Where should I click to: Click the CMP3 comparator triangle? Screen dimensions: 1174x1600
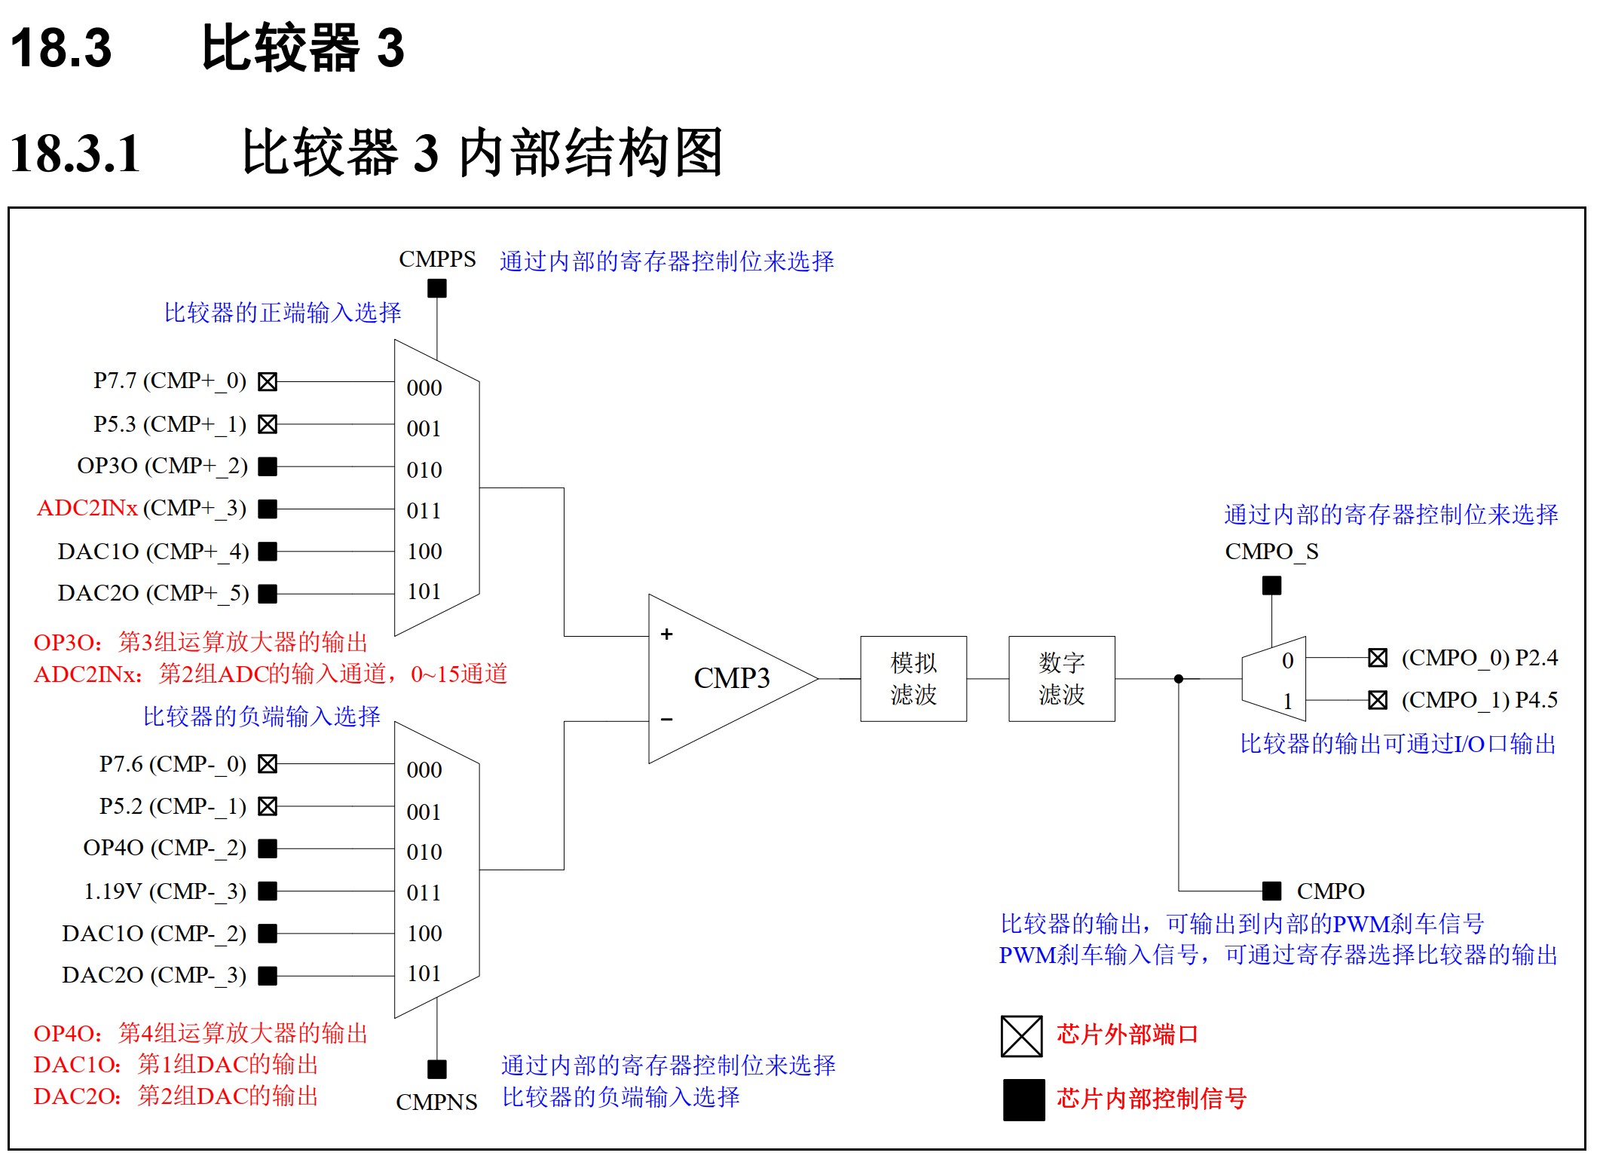tap(724, 678)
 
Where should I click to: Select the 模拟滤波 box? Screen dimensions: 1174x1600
tap(913, 678)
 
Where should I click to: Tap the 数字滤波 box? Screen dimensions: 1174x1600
tap(1061, 678)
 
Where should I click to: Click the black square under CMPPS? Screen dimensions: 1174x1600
tap(437, 288)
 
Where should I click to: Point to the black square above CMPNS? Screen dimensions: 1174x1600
tap(437, 1069)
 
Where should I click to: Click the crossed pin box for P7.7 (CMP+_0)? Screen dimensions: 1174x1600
tap(268, 381)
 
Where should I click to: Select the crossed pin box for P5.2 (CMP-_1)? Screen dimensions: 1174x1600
tap(268, 806)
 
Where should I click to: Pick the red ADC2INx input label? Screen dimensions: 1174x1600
tap(87, 508)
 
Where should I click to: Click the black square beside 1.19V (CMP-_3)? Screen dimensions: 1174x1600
tap(268, 891)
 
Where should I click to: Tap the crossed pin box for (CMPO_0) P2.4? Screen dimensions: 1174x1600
tap(1377, 658)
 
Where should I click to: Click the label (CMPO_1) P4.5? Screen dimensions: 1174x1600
tap(1479, 700)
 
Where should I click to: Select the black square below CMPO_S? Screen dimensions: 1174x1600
tap(1271, 585)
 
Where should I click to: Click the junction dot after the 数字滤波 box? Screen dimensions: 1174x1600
tap(1179, 679)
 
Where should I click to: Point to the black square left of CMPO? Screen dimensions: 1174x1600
tap(1271, 891)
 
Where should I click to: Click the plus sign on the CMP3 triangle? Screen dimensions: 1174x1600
tap(666, 634)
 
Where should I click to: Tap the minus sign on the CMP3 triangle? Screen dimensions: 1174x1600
tap(666, 720)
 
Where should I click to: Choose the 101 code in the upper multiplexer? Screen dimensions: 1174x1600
tap(424, 592)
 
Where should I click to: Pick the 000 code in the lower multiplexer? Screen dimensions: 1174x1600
tap(424, 770)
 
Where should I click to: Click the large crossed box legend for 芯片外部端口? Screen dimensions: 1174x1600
tap(1021, 1036)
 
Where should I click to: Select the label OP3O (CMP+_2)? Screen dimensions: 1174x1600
tap(162, 466)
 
